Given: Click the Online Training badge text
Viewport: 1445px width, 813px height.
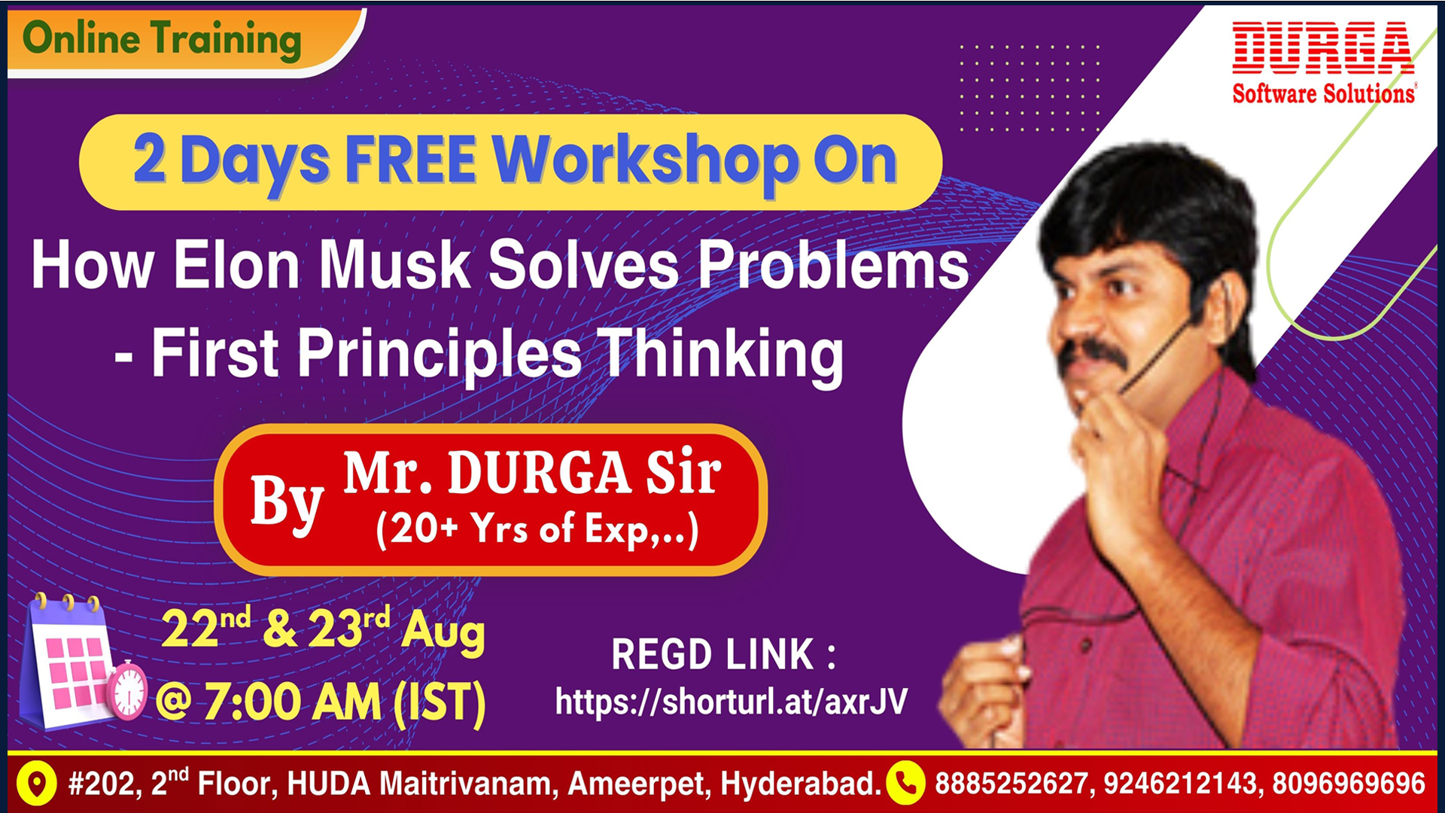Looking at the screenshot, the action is pyautogui.click(x=162, y=39).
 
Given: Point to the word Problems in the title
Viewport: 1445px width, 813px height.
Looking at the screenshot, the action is pyautogui.click(x=833, y=264).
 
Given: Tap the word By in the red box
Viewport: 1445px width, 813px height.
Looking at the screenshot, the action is pyautogui.click(x=287, y=502).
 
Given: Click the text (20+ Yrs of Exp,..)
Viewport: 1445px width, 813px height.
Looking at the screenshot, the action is pyautogui.click(x=537, y=530).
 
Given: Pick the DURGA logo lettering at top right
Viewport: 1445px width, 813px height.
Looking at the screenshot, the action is pyautogui.click(x=1323, y=48).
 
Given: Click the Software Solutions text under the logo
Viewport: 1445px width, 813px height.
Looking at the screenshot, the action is pyautogui.click(x=1324, y=93).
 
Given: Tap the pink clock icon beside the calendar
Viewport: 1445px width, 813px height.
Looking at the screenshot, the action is pyautogui.click(x=127, y=690).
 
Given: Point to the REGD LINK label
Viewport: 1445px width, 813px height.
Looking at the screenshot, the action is pyautogui.click(x=723, y=654).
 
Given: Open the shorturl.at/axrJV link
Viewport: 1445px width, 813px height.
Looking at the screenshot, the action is pyautogui.click(x=732, y=702).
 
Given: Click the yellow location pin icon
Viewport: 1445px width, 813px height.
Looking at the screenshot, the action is pyautogui.click(x=36, y=784).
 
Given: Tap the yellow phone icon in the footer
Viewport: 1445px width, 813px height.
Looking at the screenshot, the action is pyautogui.click(x=906, y=784).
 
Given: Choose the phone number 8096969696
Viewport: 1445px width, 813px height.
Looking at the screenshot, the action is pyautogui.click(x=1349, y=784).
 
